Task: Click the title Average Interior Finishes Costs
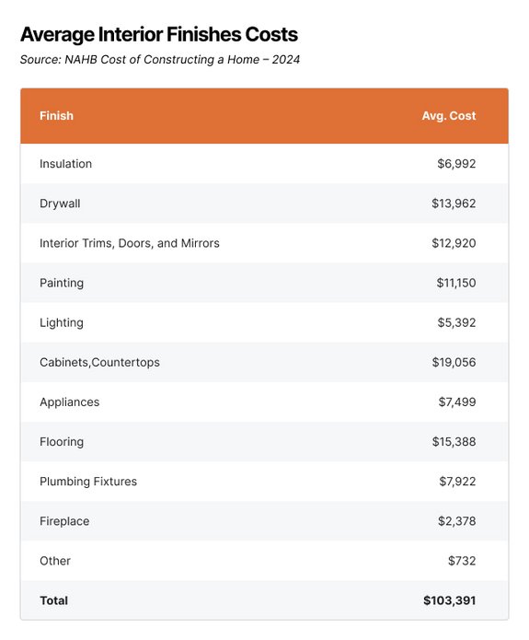click(x=158, y=35)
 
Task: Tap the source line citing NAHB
click(x=160, y=60)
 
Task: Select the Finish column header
click(x=56, y=116)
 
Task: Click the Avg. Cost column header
click(x=449, y=116)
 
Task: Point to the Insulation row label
click(x=65, y=164)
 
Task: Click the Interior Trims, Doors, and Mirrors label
click(x=129, y=243)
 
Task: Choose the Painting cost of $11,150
click(x=455, y=283)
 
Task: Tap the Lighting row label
click(x=61, y=322)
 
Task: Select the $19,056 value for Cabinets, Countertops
click(x=454, y=362)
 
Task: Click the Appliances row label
click(x=69, y=401)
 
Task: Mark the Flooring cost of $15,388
click(x=454, y=442)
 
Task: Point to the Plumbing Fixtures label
click(x=87, y=482)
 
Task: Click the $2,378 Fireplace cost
click(x=456, y=521)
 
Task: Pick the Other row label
click(x=55, y=561)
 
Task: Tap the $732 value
click(x=464, y=561)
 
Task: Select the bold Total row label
click(x=53, y=600)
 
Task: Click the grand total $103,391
click(x=449, y=600)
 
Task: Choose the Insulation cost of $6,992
click(x=456, y=164)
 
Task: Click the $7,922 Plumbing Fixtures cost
click(x=456, y=482)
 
